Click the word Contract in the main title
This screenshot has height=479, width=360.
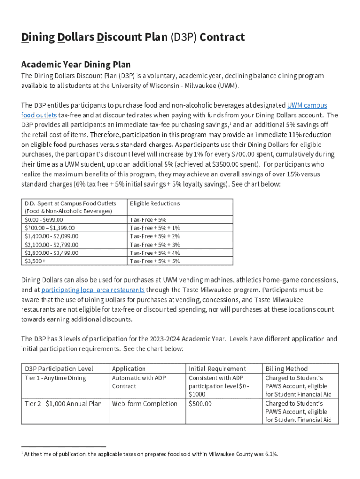coord(222,37)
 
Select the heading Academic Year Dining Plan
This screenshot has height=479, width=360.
coord(76,65)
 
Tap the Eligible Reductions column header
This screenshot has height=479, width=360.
coord(155,203)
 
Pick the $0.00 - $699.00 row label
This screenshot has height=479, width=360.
coord(43,220)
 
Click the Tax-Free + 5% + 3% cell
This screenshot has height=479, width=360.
coord(155,245)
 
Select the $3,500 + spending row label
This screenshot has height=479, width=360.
coord(35,261)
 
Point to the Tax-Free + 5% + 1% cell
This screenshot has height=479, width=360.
coord(155,228)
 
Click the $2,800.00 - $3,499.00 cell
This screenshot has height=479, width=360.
coord(51,253)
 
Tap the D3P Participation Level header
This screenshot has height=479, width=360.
coord(59,369)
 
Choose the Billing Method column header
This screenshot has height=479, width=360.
coord(287,369)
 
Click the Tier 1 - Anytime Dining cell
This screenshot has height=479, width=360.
coord(55,378)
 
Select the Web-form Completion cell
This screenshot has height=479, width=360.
coord(145,404)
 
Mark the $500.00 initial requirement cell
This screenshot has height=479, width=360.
coord(200,404)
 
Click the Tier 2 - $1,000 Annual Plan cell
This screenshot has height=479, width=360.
coord(63,404)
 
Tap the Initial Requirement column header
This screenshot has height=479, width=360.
coord(217,369)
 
